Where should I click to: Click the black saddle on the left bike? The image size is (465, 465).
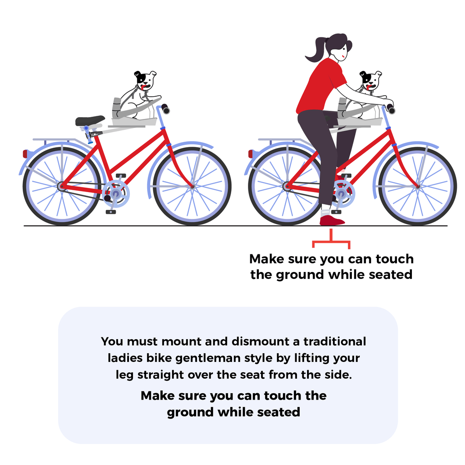point(89,121)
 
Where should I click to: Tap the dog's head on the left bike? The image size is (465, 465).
point(145,81)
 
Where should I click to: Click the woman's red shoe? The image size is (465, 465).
point(331,221)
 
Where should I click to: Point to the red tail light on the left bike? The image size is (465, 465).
point(25,154)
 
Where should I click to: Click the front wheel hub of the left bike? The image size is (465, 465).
point(192,186)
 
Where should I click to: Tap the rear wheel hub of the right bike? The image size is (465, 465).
point(287,186)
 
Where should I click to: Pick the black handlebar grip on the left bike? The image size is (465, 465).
point(165,109)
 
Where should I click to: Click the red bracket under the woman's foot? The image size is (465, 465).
point(331,241)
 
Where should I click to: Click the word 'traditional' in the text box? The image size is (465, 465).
point(335,341)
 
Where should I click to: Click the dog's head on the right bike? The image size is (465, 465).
point(371,81)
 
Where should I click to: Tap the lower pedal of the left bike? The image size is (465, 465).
point(110,212)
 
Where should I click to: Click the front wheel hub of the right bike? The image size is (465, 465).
point(417,186)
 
